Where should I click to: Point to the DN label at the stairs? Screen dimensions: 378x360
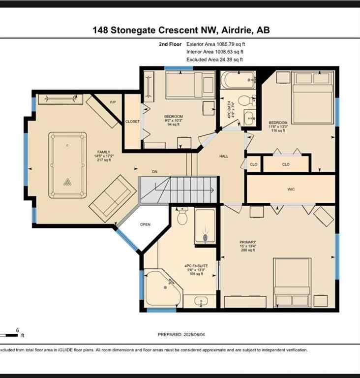pyautogui.click(x=154, y=172)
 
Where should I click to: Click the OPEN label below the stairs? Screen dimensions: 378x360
pyautogui.click(x=145, y=224)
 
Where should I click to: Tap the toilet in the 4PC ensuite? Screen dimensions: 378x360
pyautogui.click(x=182, y=216)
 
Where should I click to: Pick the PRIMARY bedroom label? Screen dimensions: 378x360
pyautogui.click(x=247, y=242)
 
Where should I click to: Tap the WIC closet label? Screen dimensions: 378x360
pyautogui.click(x=291, y=189)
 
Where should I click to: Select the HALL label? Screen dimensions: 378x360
pyautogui.click(x=223, y=156)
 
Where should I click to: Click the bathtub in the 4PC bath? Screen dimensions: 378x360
pyautogui.click(x=238, y=79)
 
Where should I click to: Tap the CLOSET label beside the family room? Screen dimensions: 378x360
pyautogui.click(x=132, y=122)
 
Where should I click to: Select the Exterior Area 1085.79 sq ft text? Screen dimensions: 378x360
pyautogui.click(x=214, y=44)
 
